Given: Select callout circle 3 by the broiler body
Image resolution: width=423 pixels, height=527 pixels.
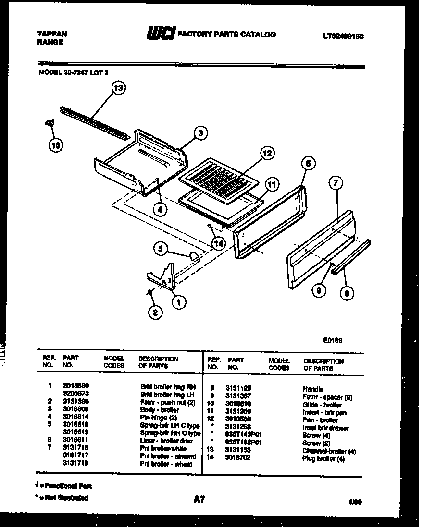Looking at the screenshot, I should pyautogui.click(x=201, y=133).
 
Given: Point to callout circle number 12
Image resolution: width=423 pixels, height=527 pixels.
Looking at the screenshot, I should pyautogui.click(x=267, y=154).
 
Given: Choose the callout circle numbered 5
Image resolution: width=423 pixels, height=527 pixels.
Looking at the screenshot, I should pyautogui.click(x=161, y=248).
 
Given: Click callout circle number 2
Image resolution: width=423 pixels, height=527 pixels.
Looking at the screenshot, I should pyautogui.click(x=154, y=313).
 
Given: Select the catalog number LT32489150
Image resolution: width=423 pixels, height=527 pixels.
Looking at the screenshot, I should pyautogui.click(x=340, y=35).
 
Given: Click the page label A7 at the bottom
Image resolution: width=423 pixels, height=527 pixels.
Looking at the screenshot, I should pyautogui.click(x=199, y=499).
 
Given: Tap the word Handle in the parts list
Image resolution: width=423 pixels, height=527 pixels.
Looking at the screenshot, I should pyautogui.click(x=313, y=389).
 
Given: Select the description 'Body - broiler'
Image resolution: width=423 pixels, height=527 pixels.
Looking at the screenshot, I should pyautogui.click(x=160, y=410).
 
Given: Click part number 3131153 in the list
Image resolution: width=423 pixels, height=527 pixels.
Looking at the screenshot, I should pyautogui.click(x=239, y=450).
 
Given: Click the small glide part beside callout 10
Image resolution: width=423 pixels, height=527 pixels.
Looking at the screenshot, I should pyautogui.click(x=49, y=123).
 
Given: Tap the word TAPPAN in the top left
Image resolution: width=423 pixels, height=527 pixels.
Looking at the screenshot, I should pyautogui.click(x=51, y=34).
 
